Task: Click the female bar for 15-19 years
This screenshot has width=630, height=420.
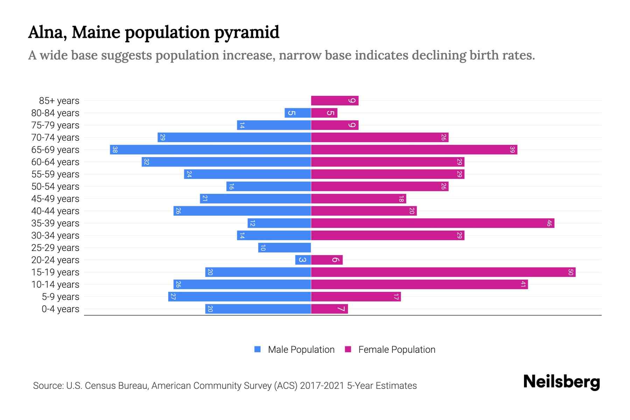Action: tap(443, 272)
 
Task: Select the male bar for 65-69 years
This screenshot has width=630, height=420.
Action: tap(210, 149)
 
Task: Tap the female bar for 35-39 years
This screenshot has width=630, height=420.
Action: tap(433, 223)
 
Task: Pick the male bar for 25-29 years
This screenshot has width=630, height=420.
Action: tap(285, 247)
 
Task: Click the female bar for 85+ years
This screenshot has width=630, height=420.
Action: tap(335, 100)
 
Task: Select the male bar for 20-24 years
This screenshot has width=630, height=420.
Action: tap(303, 260)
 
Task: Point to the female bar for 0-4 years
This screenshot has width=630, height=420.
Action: tap(329, 309)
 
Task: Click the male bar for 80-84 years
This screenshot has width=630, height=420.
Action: tap(298, 113)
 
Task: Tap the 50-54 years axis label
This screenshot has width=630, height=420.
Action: tap(55, 186)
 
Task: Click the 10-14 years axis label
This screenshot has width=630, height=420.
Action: tap(55, 284)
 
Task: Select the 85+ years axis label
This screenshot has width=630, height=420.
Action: tap(59, 100)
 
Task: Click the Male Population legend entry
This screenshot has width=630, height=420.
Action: tap(294, 349)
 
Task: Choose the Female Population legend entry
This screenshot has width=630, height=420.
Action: tap(390, 349)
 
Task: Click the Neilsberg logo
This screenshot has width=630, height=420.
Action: tap(561, 381)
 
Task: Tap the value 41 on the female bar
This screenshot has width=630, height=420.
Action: tap(523, 284)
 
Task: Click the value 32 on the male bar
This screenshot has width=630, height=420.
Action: tap(147, 162)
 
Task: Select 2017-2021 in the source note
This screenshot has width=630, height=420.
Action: tap(322, 385)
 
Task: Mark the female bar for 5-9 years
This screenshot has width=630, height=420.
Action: tap(356, 296)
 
